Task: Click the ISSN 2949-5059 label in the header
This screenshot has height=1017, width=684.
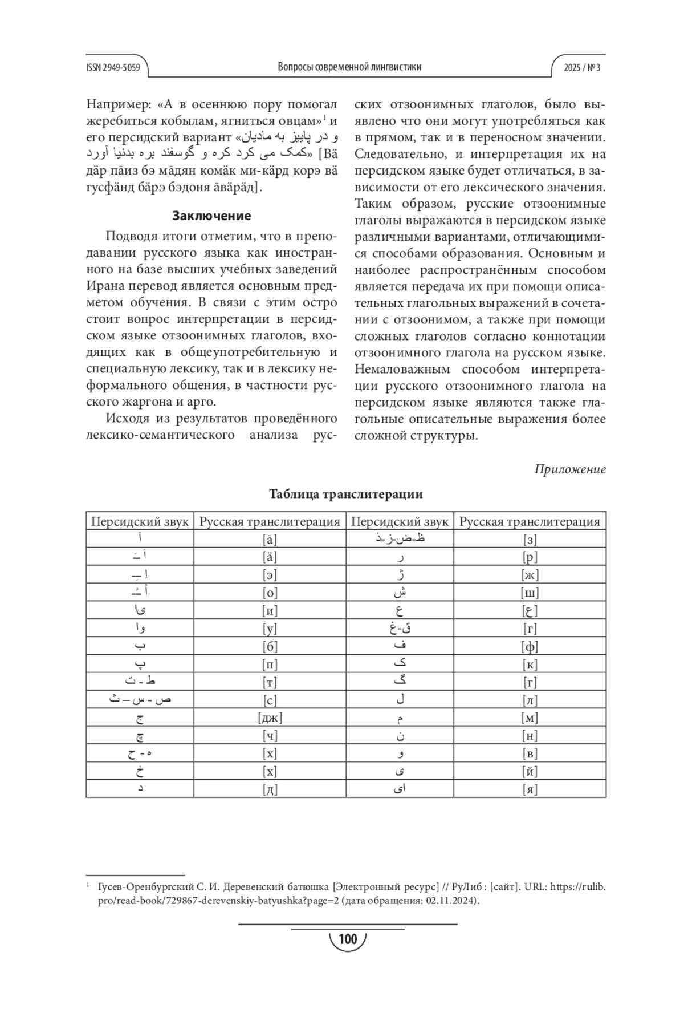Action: coord(113,67)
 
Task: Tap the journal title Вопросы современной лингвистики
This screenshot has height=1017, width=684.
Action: coord(349,67)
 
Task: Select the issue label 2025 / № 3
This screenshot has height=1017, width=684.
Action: coord(582,67)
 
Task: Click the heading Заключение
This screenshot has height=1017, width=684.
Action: coord(211,216)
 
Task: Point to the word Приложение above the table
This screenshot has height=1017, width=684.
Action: coord(570,469)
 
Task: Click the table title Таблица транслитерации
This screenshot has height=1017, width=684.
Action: coord(346,494)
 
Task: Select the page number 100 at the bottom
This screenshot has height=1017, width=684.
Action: coord(347,939)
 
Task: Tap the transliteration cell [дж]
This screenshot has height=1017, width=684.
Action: coord(270,718)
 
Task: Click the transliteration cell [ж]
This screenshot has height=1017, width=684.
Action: coord(530,575)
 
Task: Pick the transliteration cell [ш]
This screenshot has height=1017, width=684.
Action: coord(530,593)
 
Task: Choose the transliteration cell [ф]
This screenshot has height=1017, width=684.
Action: coord(530,646)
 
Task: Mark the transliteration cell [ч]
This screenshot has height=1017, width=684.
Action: coord(270,736)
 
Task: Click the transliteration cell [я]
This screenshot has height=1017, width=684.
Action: coord(530,789)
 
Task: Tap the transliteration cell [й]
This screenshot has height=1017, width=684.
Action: coord(530,772)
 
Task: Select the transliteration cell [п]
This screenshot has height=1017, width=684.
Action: coord(270,665)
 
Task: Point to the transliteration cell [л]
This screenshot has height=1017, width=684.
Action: coord(530,700)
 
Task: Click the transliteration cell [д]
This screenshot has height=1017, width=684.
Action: coord(270,789)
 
